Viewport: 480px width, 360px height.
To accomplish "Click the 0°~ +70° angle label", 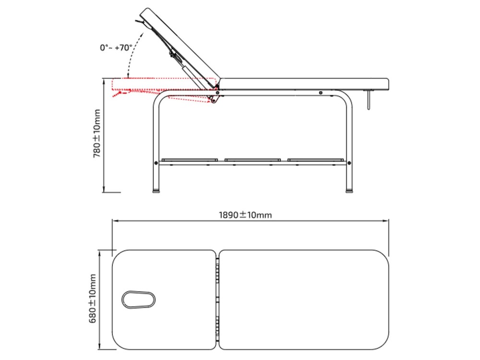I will tap(116, 48).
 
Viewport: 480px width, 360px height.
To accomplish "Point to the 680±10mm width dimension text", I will tap(93, 299).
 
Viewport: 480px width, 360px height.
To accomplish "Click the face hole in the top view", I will tap(138, 300).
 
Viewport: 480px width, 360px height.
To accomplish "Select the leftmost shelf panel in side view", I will tap(190, 160).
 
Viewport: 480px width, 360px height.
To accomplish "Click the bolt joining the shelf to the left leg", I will tap(156, 163).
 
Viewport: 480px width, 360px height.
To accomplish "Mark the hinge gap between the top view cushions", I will tap(217, 300).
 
